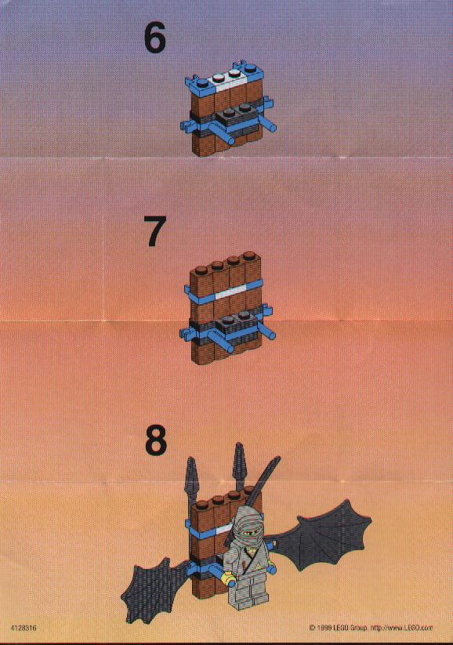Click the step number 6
click(x=154, y=38)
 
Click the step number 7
click(x=154, y=232)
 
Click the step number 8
click(x=156, y=440)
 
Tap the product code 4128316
click(x=24, y=628)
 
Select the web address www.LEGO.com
click(x=413, y=628)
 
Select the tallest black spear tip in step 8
click(x=238, y=462)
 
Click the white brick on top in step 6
click(x=228, y=78)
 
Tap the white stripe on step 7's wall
click(x=229, y=294)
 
